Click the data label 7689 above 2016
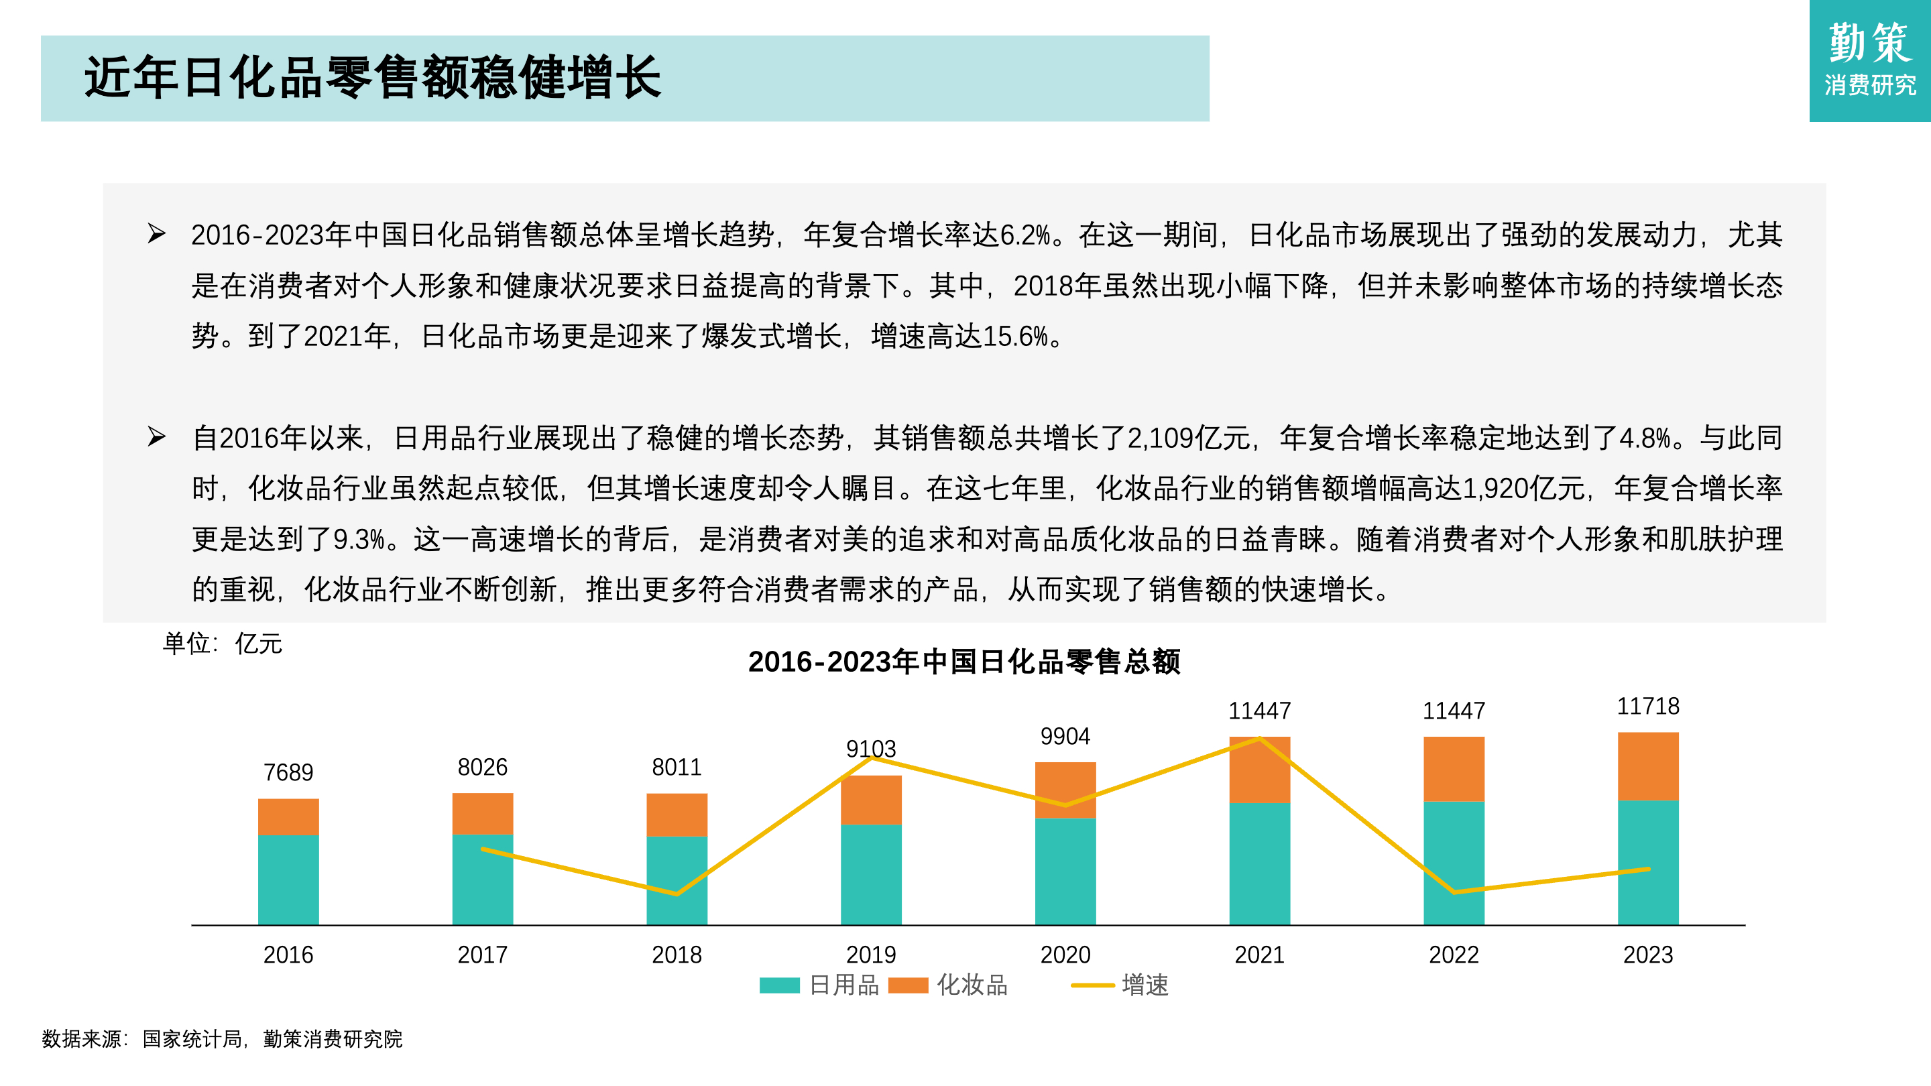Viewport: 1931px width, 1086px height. (288, 772)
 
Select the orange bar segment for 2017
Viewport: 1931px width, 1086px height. (482, 813)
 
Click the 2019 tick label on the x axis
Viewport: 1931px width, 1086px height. (870, 955)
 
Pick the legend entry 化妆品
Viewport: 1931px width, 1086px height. (947, 985)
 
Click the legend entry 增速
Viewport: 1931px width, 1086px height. (1120, 985)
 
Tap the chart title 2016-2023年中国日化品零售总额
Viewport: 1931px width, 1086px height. (964, 662)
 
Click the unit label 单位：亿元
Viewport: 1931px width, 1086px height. (222, 644)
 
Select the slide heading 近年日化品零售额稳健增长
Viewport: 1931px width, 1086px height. (373, 77)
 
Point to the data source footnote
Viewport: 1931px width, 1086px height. (222, 1039)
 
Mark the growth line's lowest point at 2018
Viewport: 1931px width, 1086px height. (677, 894)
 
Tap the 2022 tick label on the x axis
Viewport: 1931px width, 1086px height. (1454, 955)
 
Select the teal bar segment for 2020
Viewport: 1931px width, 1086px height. (1065, 871)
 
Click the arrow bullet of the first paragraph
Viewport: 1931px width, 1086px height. (156, 234)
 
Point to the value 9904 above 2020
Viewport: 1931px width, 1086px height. (1065, 736)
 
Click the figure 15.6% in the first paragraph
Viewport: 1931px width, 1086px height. (1015, 337)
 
